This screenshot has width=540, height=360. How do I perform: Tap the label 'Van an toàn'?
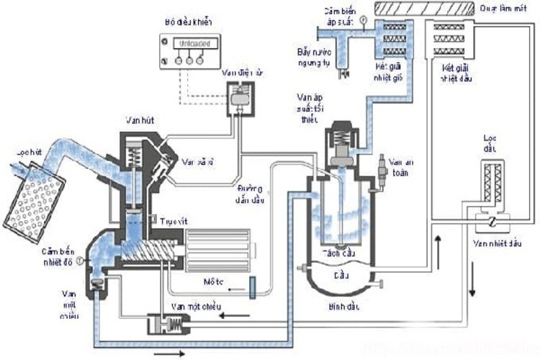tap(397, 167)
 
